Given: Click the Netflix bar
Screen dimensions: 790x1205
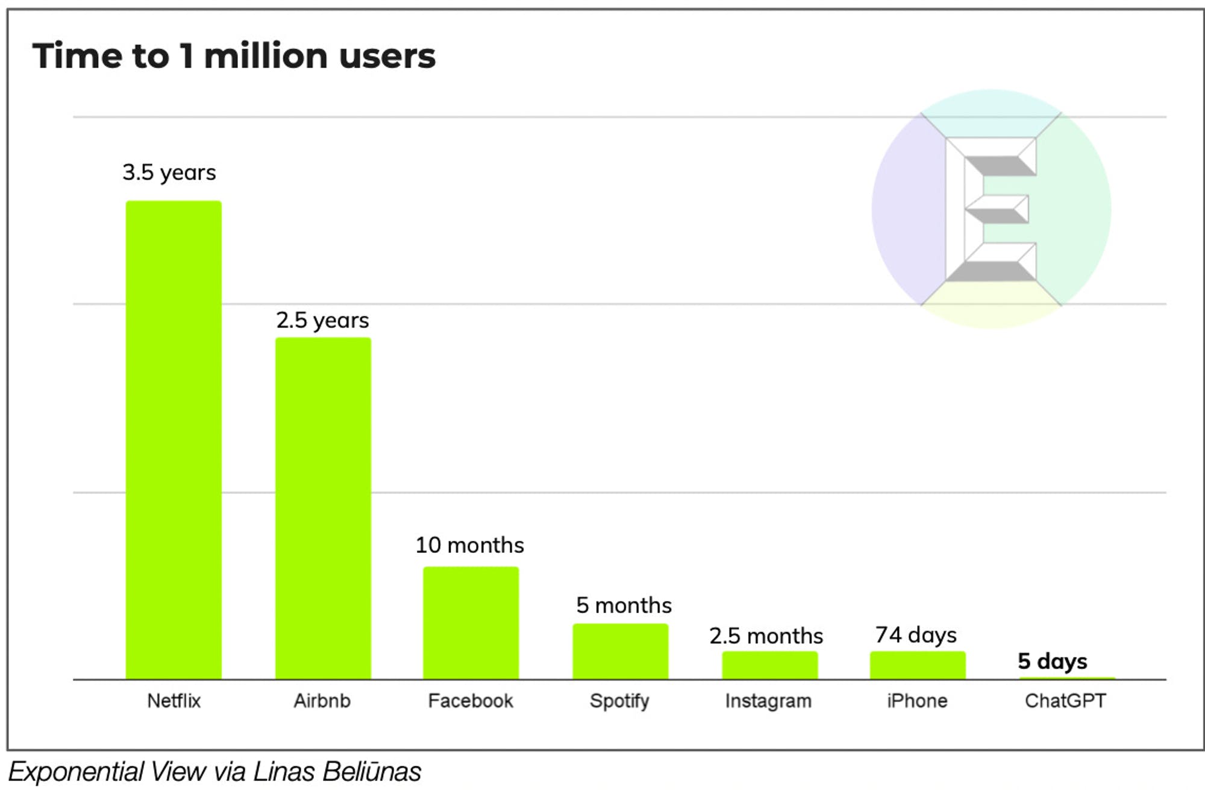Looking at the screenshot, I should (x=174, y=440).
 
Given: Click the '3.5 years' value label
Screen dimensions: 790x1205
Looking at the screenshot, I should (x=169, y=172).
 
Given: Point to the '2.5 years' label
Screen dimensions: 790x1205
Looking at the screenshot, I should (x=322, y=320).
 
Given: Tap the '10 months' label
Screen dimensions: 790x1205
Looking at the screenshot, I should (x=470, y=545).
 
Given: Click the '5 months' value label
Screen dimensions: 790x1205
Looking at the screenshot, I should (x=624, y=605).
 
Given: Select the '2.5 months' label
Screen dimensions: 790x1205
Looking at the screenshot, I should (x=766, y=636).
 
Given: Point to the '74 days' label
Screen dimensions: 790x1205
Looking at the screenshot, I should (x=916, y=635).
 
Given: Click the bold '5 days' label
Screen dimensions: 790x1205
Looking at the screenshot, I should (x=1053, y=661).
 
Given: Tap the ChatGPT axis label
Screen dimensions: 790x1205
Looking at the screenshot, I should (x=1065, y=701).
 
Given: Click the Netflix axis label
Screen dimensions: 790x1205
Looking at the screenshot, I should (x=174, y=701).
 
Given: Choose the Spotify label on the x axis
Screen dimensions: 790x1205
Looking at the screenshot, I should (x=619, y=701).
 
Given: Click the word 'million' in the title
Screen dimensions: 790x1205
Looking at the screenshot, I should (x=266, y=56).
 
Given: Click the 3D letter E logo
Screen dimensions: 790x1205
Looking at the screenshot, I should (x=991, y=209).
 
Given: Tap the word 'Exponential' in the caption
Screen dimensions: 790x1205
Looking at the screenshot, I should (x=75, y=772).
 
